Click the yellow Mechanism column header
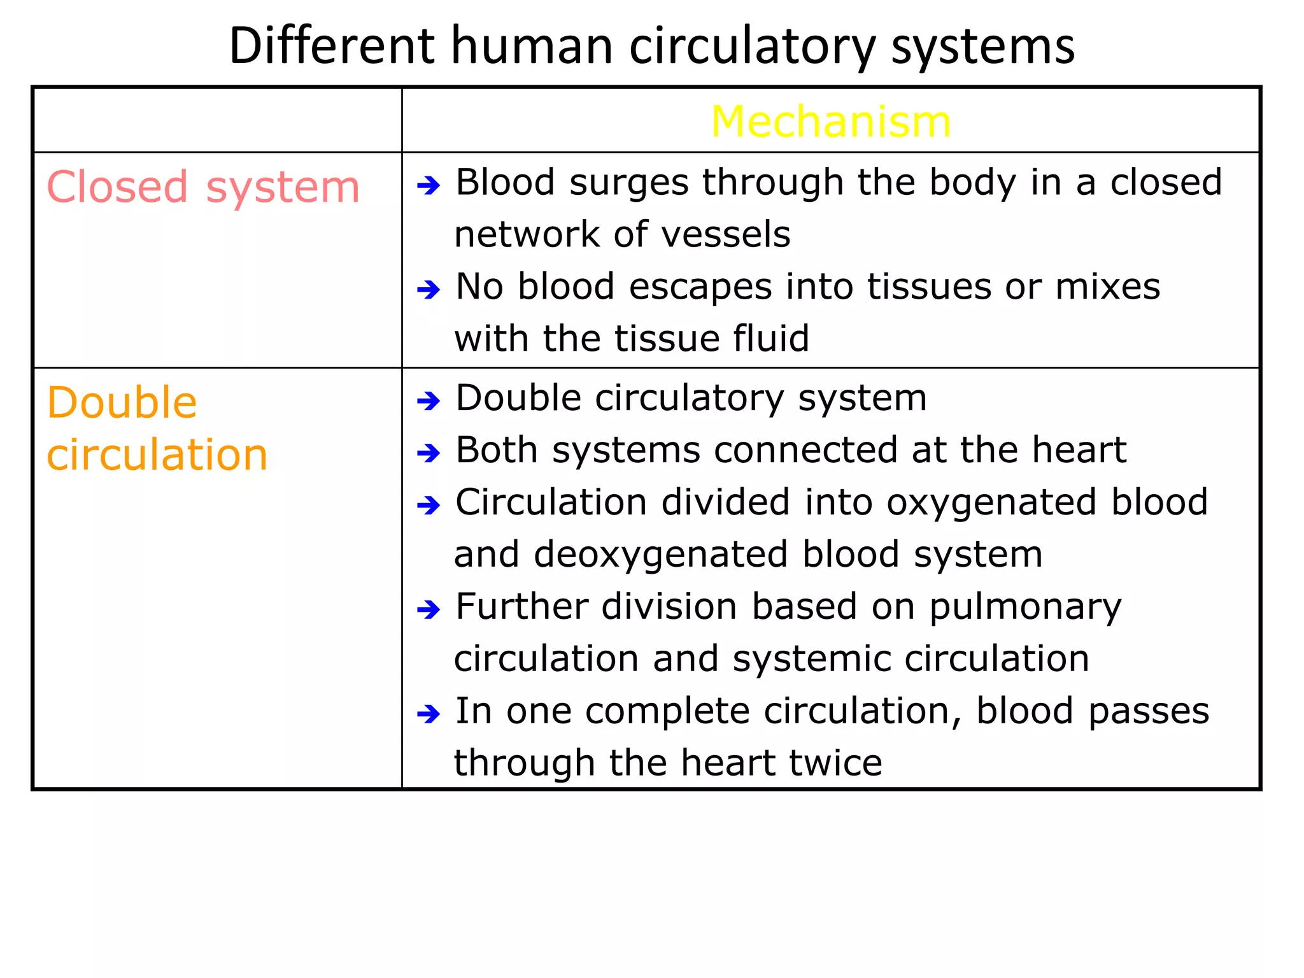tap(830, 122)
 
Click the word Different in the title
tap(332, 46)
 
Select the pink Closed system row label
tap(203, 187)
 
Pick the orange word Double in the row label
tap(122, 403)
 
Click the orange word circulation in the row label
tap(157, 455)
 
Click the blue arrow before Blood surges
tap(429, 186)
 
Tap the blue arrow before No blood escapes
tap(429, 290)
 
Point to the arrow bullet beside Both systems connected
tap(429, 453)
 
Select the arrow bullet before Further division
tap(429, 610)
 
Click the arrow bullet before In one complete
tap(429, 714)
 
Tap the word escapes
tap(700, 287)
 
